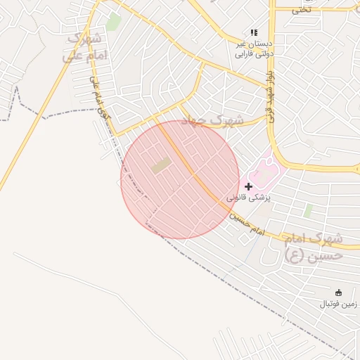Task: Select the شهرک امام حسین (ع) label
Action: coord(314,247)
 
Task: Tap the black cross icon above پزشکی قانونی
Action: coord(249,186)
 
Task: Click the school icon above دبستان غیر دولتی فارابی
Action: coord(254,32)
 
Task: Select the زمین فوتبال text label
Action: coord(338,304)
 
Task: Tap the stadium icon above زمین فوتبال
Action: coord(338,292)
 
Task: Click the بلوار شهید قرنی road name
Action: coord(269,95)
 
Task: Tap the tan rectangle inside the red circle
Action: coord(161,166)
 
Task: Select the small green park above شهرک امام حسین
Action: coord(308,210)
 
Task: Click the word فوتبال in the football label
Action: coord(330,304)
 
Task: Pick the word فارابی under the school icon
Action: coord(243,53)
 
